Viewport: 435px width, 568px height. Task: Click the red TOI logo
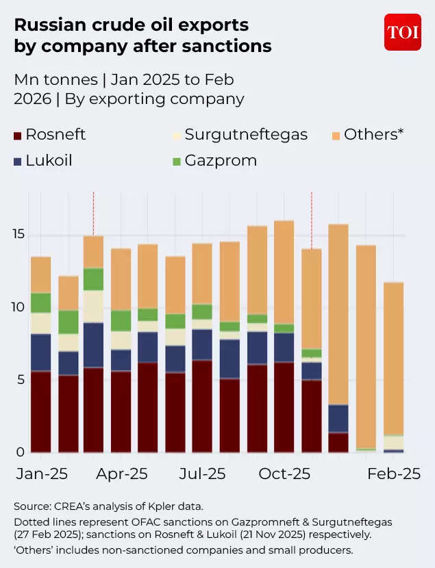coord(402,32)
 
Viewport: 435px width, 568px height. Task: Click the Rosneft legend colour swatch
coord(18,135)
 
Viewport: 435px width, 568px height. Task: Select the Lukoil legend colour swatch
coord(18,162)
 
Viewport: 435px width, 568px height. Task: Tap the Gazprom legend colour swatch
coord(177,162)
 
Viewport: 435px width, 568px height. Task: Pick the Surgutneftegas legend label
coord(246,134)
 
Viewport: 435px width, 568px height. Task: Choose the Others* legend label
coord(373,134)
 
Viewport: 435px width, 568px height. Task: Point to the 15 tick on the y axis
coord(21,235)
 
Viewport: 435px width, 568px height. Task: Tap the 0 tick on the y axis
coord(21,452)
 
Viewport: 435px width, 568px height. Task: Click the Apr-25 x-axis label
coord(121,474)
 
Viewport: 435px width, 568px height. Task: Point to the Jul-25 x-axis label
coord(202,474)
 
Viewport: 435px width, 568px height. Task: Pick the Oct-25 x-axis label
coord(284,474)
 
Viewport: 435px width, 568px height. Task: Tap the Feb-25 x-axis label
coord(393,474)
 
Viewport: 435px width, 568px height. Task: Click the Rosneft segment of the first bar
coord(41,411)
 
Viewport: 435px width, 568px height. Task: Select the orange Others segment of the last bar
coord(393,356)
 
